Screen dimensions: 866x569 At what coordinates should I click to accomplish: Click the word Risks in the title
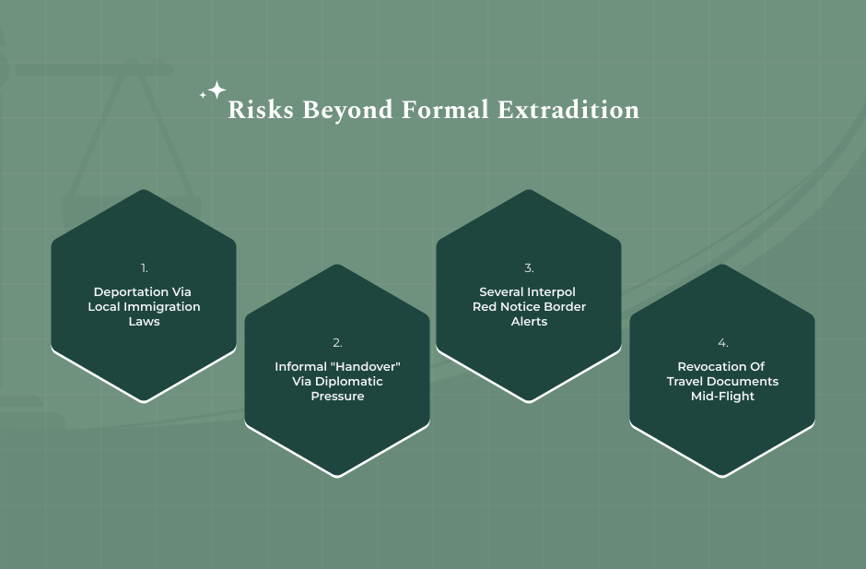coord(261,110)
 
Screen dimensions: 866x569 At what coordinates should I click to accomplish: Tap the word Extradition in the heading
coord(568,110)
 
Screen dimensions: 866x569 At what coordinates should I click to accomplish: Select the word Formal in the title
coord(445,110)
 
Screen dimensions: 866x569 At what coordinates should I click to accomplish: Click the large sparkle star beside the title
coord(217,89)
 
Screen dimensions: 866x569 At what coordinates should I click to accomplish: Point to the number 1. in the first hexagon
coord(144,268)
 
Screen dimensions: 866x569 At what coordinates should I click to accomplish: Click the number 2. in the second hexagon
coord(337,343)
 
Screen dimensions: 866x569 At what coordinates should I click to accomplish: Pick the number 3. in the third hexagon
coord(529,268)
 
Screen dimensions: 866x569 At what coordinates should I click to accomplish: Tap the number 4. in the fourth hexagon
coord(722,343)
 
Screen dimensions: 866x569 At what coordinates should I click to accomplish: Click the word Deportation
coord(131,292)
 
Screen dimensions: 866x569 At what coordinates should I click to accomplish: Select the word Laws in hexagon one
coord(144,321)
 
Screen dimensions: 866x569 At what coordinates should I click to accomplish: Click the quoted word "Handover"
coord(368,367)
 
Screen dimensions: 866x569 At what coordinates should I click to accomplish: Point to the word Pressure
coord(337,397)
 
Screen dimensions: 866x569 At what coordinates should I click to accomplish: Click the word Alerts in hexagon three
coord(529,321)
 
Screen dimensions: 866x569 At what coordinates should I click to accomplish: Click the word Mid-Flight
coord(722,397)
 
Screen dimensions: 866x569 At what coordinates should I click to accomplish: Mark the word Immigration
coord(162,307)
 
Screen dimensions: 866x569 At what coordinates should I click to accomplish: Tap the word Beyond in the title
coord(347,110)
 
